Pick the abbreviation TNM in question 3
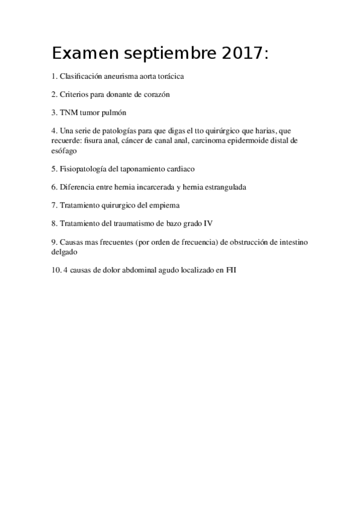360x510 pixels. (x=68, y=112)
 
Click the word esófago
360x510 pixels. (x=64, y=152)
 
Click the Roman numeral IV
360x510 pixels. (x=209, y=223)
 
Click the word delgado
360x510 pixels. (x=66, y=253)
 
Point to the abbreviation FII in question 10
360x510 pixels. (x=230, y=271)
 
